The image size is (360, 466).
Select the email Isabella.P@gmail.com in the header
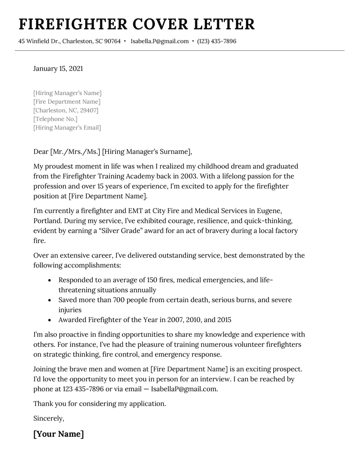click(x=160, y=41)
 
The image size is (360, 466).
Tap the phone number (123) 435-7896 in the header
click(x=216, y=41)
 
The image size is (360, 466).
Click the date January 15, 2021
click(x=58, y=69)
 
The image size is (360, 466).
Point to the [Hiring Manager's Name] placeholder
click(x=67, y=93)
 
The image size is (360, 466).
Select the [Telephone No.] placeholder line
click(x=55, y=119)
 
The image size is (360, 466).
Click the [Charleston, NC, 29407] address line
click(x=66, y=110)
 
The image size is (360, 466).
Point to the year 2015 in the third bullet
click(x=223, y=320)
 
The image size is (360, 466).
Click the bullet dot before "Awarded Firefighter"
click(x=49, y=320)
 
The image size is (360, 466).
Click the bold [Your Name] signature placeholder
click(x=58, y=434)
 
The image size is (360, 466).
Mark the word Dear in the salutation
click(x=41, y=152)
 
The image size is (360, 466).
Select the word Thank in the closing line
click(x=43, y=404)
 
